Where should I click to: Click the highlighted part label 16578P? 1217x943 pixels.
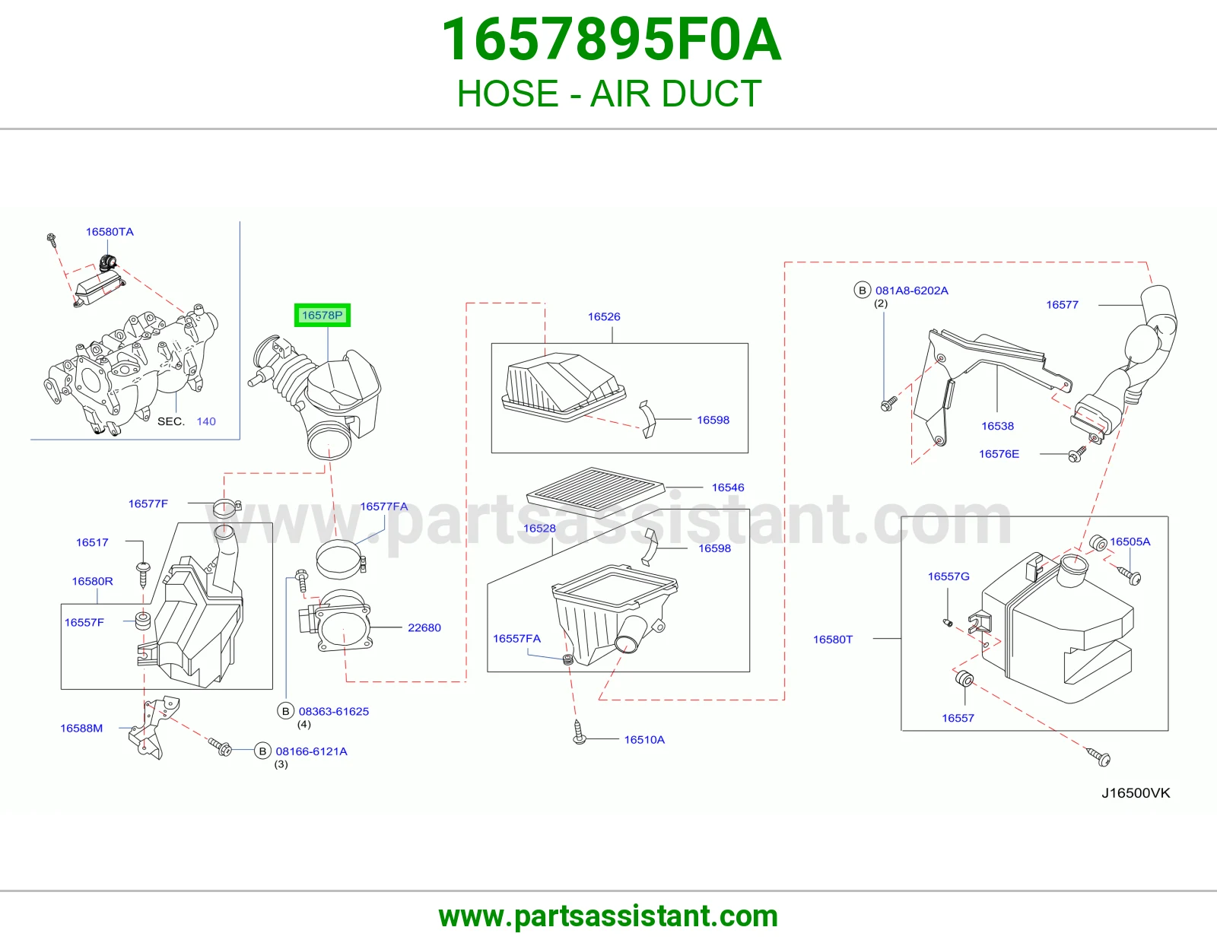point(322,316)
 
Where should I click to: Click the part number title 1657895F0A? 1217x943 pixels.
point(611,40)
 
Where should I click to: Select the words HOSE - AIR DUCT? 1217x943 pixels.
point(609,94)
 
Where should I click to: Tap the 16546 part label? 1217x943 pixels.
point(727,487)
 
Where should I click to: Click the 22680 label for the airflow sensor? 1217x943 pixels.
point(424,627)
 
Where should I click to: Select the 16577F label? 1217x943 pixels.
point(148,503)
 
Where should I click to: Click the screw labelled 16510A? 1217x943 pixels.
point(579,732)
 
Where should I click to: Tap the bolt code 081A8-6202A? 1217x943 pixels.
point(912,291)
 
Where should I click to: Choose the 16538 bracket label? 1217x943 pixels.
point(997,426)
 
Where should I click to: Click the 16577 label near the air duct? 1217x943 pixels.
point(1062,305)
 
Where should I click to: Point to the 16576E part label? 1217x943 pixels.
point(999,453)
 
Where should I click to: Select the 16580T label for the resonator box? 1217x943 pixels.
point(833,640)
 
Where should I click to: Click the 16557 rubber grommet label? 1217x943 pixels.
point(958,718)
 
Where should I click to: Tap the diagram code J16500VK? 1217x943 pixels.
point(1136,793)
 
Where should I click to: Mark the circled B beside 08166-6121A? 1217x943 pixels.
point(262,751)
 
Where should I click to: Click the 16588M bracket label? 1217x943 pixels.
point(81,728)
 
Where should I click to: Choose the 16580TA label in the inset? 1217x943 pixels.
point(110,232)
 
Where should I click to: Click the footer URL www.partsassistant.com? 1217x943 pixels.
point(608,916)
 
